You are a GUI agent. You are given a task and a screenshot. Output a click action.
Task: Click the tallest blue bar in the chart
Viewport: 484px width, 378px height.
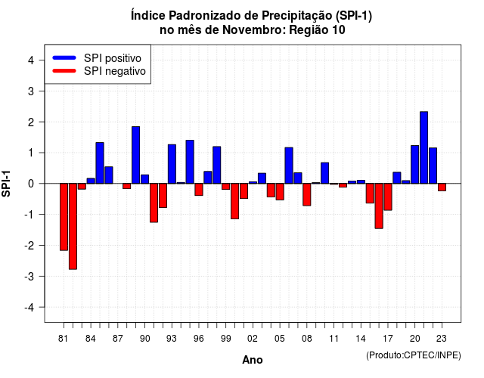pos(423,147)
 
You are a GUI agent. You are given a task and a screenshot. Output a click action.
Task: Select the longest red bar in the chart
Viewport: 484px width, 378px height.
pos(73,227)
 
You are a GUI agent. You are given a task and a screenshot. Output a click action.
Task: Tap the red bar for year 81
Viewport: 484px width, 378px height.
pos(64,217)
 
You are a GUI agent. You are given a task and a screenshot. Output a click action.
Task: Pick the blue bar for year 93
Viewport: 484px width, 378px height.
pos(172,164)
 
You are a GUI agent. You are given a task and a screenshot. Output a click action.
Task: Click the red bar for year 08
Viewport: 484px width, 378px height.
pos(307,194)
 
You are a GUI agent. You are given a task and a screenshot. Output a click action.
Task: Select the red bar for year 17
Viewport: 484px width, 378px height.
pos(388,197)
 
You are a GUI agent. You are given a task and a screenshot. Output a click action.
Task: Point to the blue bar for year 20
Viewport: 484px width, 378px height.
pos(415,165)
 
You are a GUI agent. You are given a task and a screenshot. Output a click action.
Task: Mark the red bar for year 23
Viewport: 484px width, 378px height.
pos(442,187)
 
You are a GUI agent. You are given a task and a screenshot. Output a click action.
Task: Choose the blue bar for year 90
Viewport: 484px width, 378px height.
pos(144,179)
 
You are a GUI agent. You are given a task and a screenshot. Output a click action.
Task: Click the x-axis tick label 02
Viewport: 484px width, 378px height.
pos(253,339)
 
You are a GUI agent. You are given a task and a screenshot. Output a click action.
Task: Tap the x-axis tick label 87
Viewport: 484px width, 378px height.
pos(118,339)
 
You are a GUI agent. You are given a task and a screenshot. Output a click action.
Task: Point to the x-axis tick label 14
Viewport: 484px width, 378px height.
pos(361,339)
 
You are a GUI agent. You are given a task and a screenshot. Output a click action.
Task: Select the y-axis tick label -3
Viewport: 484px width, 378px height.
pos(29,277)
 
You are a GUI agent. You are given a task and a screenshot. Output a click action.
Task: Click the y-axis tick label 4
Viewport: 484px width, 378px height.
pos(31,60)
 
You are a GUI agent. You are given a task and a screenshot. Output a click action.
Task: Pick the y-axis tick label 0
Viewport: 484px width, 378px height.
pos(31,184)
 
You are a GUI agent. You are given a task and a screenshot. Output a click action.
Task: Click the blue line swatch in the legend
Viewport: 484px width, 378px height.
pos(64,57)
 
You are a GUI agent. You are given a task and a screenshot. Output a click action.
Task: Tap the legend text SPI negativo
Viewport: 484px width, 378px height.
pos(115,71)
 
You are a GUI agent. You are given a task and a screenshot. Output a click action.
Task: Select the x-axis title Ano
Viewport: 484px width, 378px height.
pos(253,360)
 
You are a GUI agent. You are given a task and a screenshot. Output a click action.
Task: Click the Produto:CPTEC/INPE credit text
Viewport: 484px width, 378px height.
pos(414,355)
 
